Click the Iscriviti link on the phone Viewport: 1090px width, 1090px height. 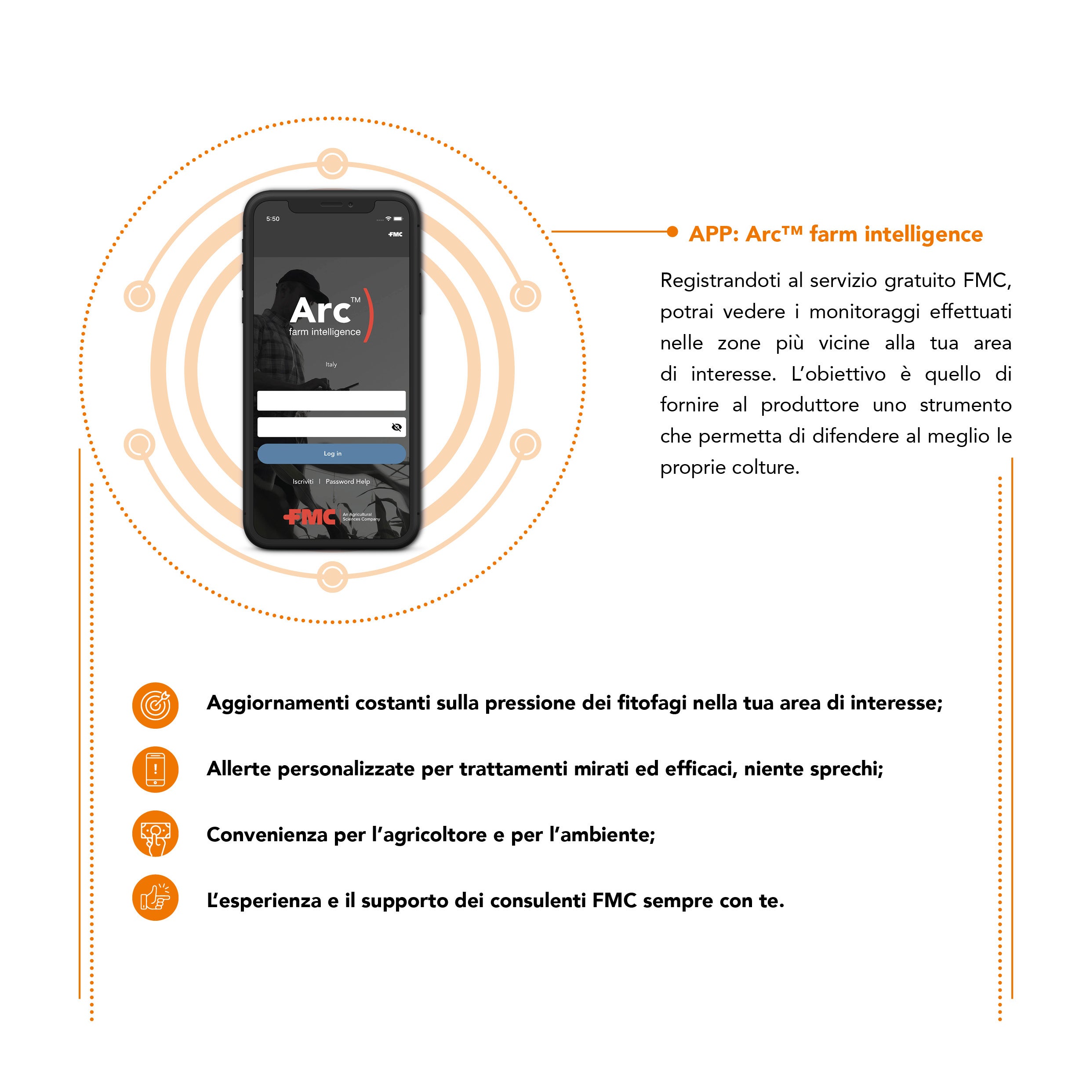click(x=302, y=481)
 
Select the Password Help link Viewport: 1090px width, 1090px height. click(x=348, y=481)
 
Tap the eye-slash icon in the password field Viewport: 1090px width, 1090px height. click(x=396, y=427)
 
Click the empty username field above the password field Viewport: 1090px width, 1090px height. click(x=331, y=400)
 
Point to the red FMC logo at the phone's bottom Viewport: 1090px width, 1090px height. click(x=310, y=516)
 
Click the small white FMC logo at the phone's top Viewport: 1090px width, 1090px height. click(x=396, y=234)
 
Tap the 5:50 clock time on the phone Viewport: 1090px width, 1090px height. click(x=272, y=219)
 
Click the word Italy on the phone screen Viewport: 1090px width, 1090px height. click(x=331, y=364)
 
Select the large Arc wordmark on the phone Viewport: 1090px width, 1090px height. click(x=320, y=311)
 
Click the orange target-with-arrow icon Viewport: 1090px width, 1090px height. click(x=155, y=705)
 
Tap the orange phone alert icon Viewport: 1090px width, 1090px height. click(x=155, y=770)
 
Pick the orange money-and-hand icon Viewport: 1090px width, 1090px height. click(x=155, y=834)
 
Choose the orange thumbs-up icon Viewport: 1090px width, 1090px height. click(x=155, y=898)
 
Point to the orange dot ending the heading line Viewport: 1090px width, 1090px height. click(x=672, y=231)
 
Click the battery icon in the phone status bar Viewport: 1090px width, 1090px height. click(x=398, y=219)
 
